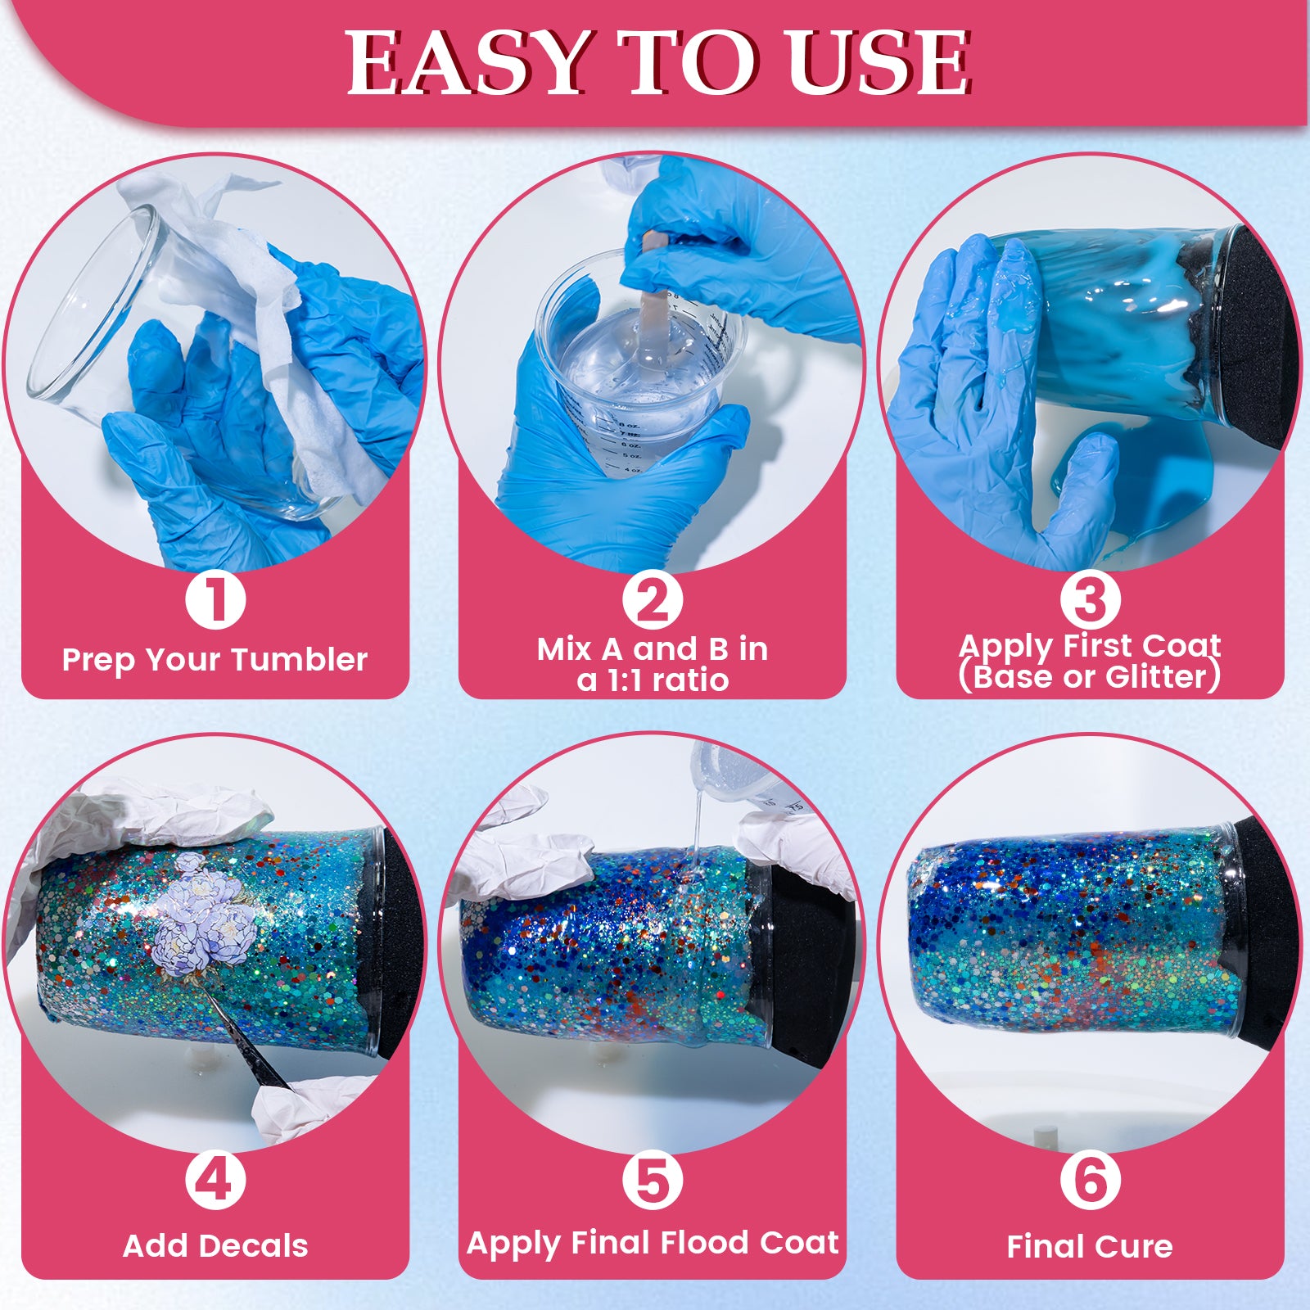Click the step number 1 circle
[215, 600]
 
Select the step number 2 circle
[653, 600]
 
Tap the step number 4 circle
[215, 1180]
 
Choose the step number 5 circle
[653, 1180]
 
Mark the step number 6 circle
[1090, 1180]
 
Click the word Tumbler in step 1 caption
[315, 660]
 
